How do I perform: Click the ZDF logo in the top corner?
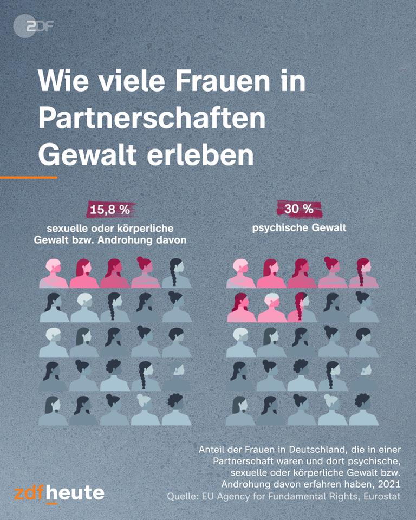[34, 25]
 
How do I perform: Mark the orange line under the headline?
[28, 177]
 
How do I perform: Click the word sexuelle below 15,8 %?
[67, 227]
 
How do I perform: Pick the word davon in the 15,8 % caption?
[171, 240]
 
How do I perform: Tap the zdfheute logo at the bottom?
[59, 493]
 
